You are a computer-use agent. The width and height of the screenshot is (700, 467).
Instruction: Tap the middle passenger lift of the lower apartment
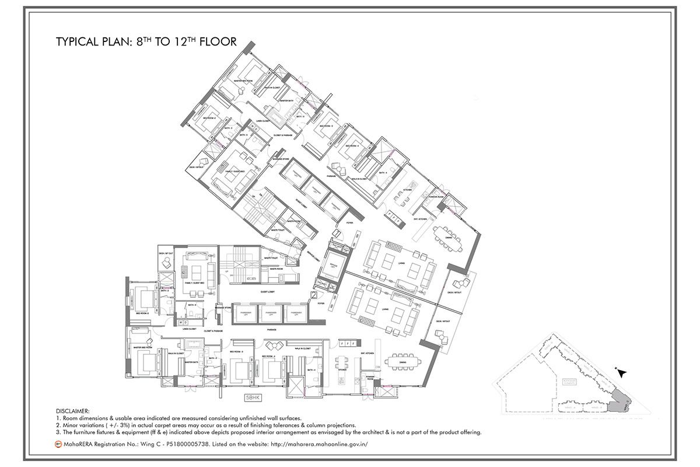269,314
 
